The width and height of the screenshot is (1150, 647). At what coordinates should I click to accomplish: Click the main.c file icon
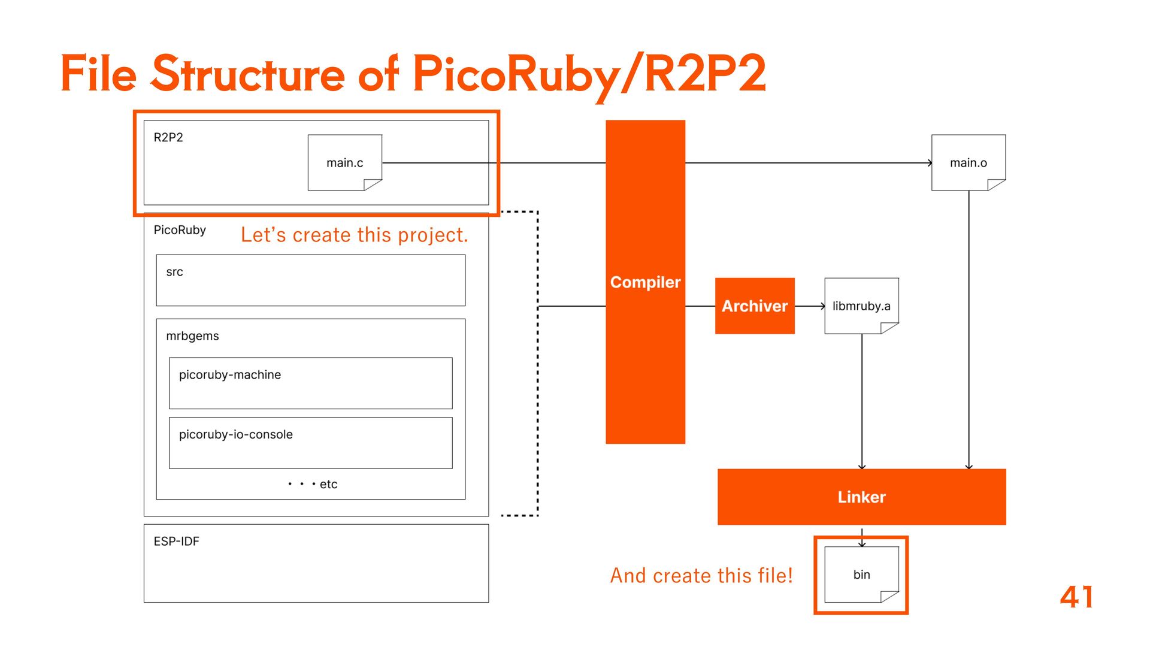point(345,162)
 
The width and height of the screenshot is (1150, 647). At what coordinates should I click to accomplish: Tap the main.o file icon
point(969,162)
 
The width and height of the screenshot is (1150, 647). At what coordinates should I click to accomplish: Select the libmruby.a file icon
point(861,306)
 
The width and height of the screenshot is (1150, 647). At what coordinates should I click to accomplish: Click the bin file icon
point(861,575)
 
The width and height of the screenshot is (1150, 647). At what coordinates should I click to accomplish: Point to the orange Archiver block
point(755,306)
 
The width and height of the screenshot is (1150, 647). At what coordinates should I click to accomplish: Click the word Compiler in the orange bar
point(645,282)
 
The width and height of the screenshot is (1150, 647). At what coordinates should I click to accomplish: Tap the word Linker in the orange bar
point(861,497)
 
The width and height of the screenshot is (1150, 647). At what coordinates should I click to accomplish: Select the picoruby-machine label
point(230,374)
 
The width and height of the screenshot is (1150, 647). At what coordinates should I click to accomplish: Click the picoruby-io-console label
point(236,434)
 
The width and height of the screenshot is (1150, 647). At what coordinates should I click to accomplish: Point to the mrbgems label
point(192,336)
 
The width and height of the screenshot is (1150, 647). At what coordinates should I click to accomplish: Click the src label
point(174,272)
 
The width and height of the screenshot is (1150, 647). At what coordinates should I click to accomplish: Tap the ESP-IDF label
point(176,541)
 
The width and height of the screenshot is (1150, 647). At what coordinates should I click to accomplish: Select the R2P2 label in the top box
point(168,137)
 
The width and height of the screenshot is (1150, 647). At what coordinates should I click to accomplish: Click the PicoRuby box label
point(180,230)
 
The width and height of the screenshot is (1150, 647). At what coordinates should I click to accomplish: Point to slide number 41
point(1076,597)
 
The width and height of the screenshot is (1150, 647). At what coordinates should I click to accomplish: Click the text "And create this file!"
point(701,575)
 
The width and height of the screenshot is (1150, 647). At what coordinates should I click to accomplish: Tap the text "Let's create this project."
point(354,235)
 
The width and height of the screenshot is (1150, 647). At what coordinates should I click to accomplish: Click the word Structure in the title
point(248,74)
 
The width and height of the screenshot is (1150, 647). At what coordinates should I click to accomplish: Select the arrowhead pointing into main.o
point(930,162)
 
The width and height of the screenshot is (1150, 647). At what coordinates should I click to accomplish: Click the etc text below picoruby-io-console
point(328,484)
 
